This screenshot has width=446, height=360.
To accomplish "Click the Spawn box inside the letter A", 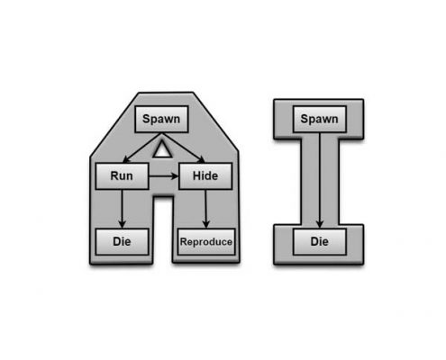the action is pos(161,119).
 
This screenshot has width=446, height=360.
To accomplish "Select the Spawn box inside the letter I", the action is pos(320,119).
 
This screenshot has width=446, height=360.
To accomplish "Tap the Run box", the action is pos(122,176).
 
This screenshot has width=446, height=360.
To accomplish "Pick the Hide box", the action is pos(205,176).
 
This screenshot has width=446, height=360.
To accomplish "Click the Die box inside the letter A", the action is pos(122,242).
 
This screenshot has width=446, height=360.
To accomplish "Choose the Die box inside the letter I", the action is pos(320,242).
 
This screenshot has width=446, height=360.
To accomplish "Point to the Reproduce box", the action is pos(206,242).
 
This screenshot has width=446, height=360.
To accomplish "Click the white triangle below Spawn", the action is pos(162,148).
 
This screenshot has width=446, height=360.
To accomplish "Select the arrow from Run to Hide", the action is pos(164,176).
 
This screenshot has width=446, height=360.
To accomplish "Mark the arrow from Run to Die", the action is pos(122,209).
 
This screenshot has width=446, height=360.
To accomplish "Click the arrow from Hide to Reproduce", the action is pos(205,209).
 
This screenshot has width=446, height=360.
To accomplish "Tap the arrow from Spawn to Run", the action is pos(142,148).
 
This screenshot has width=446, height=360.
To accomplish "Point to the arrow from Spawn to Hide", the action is pos(184,148).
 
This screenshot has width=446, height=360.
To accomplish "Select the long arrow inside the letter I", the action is pos(320,181).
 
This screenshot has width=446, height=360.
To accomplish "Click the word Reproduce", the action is pos(206,242).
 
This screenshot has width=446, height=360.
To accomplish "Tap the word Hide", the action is pos(205,175).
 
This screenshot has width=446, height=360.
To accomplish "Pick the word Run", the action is pos(122,176).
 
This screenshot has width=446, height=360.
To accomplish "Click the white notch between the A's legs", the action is pos(163,229).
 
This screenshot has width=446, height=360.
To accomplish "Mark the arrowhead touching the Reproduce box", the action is pos(205,224).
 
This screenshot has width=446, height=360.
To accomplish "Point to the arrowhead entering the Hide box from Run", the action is pos(175,176).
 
